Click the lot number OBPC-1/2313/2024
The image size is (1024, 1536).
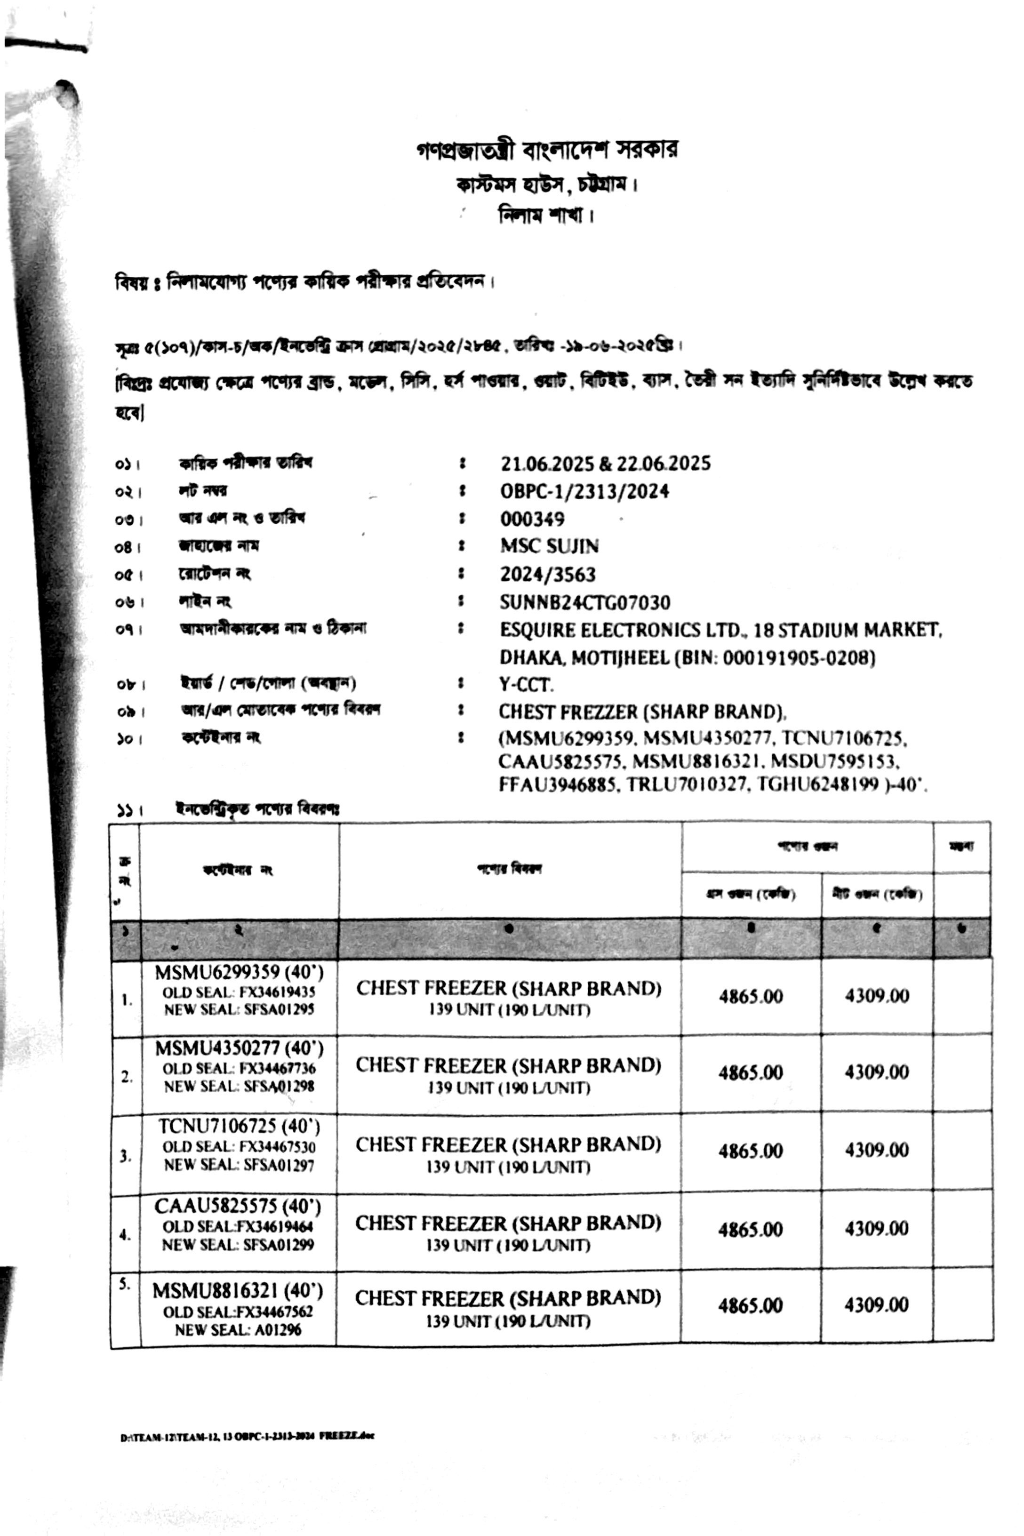(x=584, y=491)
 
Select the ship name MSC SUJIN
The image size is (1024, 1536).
(x=549, y=545)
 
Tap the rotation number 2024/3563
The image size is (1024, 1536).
(x=548, y=574)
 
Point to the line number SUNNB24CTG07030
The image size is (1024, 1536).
(x=585, y=602)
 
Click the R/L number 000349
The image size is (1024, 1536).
(x=532, y=519)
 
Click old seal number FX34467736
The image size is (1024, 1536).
(x=277, y=1068)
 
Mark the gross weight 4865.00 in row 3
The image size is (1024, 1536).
(x=751, y=1151)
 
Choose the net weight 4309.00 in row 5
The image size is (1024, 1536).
(x=876, y=1305)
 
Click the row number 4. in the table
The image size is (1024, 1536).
(x=125, y=1235)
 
